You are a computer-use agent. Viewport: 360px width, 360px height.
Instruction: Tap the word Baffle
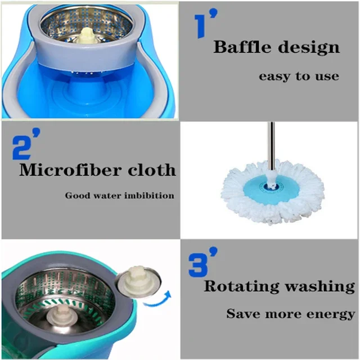click(x=243, y=47)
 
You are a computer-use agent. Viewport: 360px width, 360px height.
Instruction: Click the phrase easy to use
click(x=298, y=75)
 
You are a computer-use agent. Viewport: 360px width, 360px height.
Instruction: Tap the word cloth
click(x=151, y=170)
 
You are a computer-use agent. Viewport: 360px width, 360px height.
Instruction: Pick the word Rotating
click(x=240, y=286)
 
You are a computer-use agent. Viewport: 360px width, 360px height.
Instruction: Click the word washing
click(x=319, y=286)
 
